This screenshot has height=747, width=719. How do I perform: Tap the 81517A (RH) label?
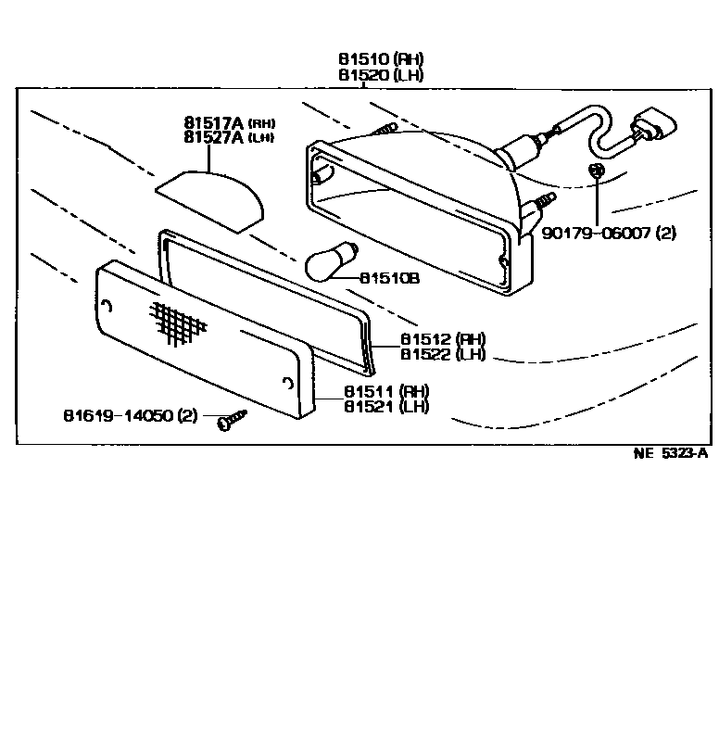(228, 122)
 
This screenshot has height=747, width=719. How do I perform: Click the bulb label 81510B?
(390, 276)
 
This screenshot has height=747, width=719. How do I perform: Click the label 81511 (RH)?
(386, 390)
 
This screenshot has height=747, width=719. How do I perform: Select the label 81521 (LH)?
(386, 406)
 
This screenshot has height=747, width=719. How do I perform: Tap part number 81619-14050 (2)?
(131, 415)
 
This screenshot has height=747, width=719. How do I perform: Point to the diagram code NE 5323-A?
(670, 453)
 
